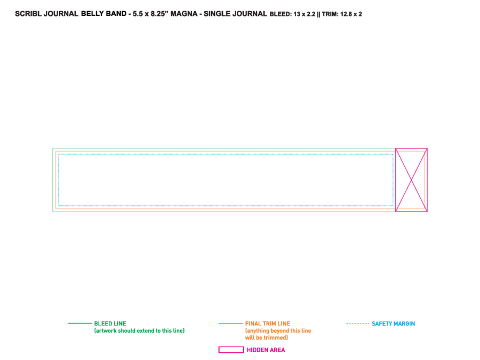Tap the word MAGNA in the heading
tap(183, 14)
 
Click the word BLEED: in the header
tap(281, 14)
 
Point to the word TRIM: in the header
tap(330, 14)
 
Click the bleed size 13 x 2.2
tap(305, 14)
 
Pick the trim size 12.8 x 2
tap(351, 14)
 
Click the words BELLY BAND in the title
tap(104, 14)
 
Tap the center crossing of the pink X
tap(411, 180)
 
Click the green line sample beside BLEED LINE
tap(79, 323)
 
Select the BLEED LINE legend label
tap(110, 324)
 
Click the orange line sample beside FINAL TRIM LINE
tap(230, 323)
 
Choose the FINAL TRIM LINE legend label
tap(268, 324)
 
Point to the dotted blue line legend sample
tap(357, 323)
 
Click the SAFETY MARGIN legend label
tap(394, 324)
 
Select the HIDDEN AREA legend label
tap(266, 350)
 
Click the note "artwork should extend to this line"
tap(139, 331)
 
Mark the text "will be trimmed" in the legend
tap(266, 338)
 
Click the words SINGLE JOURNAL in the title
tap(235, 14)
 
